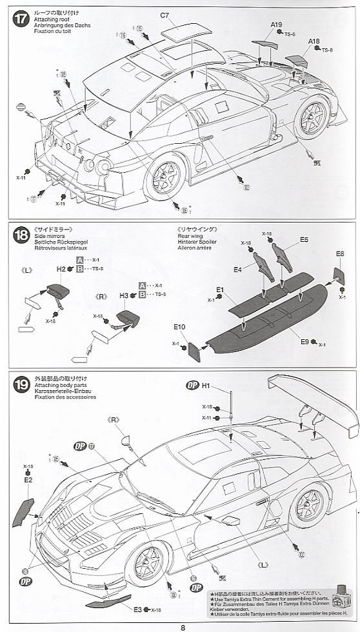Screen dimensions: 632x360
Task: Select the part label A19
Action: tap(276, 25)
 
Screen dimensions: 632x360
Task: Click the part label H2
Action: tap(61, 269)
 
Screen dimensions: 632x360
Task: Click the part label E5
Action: tap(304, 240)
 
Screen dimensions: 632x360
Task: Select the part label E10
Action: tap(179, 327)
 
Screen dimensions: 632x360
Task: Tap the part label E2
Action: tap(28, 480)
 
